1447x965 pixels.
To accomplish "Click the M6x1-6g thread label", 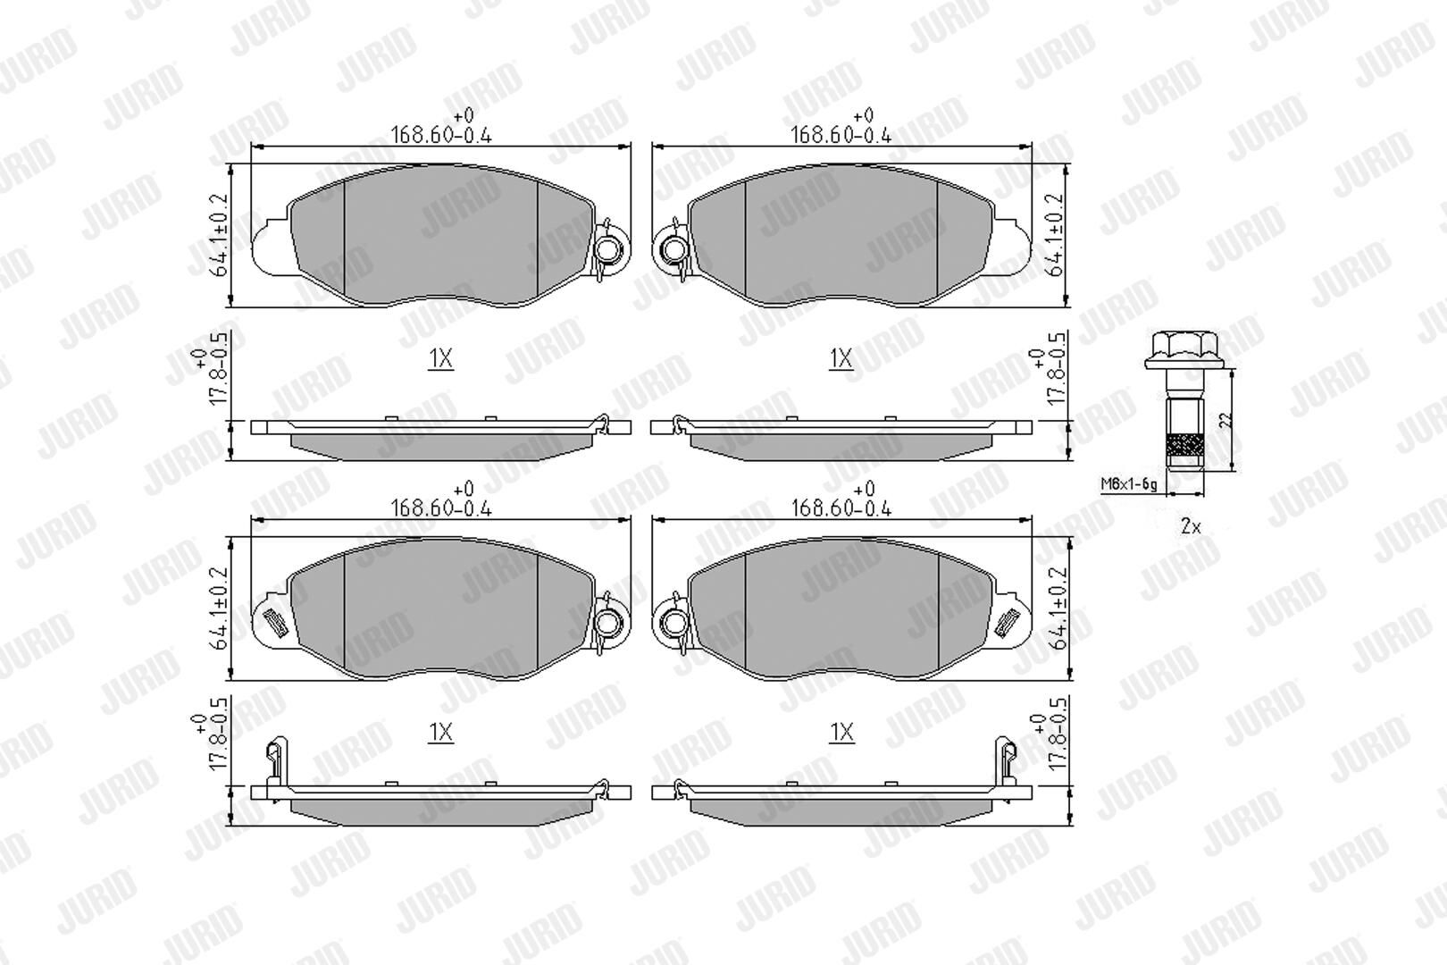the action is click(1128, 484).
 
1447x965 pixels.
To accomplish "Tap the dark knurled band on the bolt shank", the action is click(1184, 445).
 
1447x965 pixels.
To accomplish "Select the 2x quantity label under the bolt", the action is click(1191, 527).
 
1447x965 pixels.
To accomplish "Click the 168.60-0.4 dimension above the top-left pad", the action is click(441, 135).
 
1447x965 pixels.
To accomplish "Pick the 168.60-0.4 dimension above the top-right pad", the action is click(841, 135).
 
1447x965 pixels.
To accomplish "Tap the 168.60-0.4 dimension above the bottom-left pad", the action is click(441, 508).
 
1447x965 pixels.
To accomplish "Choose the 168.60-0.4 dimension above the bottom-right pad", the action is click(841, 508).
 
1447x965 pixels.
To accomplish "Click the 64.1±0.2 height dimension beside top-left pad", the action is click(220, 235).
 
